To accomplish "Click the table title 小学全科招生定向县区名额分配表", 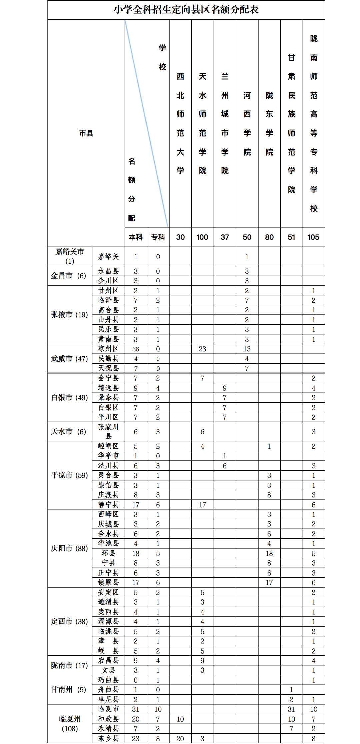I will pos(186,10).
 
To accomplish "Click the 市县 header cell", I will pos(86,133).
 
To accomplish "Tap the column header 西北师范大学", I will pos(180,123).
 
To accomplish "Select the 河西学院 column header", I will pos(247,124).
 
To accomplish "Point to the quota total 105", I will pos(313,237).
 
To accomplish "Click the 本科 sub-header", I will pos(136,237).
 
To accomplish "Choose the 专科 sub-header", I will pos(158,237).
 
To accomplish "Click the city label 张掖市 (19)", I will pos(69,315).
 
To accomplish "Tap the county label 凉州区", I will pos(108,349).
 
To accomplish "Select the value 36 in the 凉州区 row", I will pos(136,349).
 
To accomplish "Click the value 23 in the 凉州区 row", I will pos(202,349).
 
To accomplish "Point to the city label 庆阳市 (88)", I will pos(69,548).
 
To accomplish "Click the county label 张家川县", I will pos(108,431).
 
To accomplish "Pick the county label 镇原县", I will pos(108,582).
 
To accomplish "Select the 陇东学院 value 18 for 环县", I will pos(269,553).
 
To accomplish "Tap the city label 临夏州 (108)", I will pos(70,724).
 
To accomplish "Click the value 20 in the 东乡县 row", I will pos(180,739).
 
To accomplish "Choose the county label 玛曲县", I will pos(108,680).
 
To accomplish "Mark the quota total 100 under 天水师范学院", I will pos(202,237).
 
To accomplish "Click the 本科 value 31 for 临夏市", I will pos(136,709).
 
